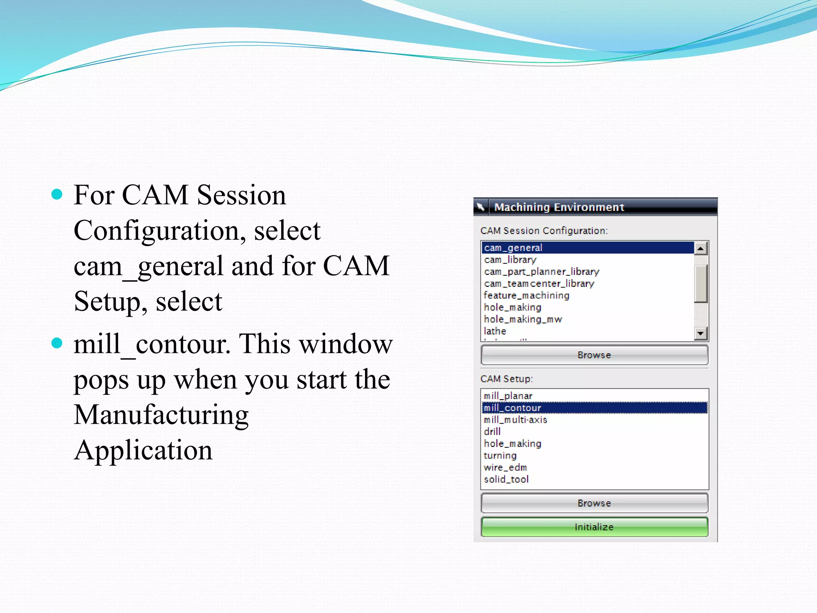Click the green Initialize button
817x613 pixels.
pos(594,527)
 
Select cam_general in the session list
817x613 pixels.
pos(513,248)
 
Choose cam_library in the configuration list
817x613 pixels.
pos(510,260)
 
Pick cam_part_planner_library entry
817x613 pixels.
pos(541,272)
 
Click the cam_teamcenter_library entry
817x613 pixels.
pos(539,284)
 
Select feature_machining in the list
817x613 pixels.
pos(526,295)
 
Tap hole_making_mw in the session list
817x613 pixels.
pos(523,319)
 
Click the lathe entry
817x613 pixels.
pos(495,331)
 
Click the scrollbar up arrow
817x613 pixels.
pos(701,249)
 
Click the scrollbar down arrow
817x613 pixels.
pos(701,333)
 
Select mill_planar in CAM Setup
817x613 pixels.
pos(508,396)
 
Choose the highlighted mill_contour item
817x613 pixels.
pos(512,408)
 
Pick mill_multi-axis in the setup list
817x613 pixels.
pos(515,420)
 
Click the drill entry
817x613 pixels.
pos(492,432)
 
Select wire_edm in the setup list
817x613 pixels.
pos(505,467)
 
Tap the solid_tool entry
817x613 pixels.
pos(506,479)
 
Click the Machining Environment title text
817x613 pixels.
pos(559,207)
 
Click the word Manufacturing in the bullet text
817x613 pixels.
pos(161,415)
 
